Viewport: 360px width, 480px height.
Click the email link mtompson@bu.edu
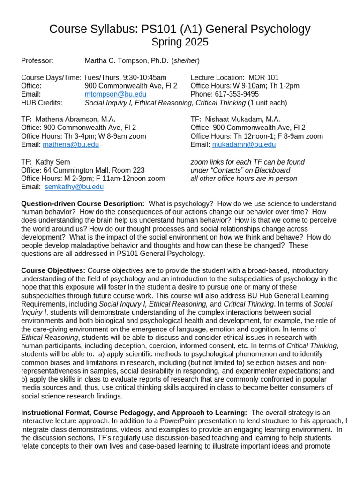(x=115, y=94)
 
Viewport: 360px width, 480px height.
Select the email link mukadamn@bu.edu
(x=244, y=145)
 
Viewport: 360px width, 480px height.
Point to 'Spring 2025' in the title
(x=180, y=42)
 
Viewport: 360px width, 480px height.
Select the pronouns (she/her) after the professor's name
(x=186, y=60)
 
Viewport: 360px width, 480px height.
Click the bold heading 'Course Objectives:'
(x=53, y=270)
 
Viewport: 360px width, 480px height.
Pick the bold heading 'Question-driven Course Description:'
(x=82, y=203)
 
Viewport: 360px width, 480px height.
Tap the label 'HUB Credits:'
(x=41, y=103)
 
